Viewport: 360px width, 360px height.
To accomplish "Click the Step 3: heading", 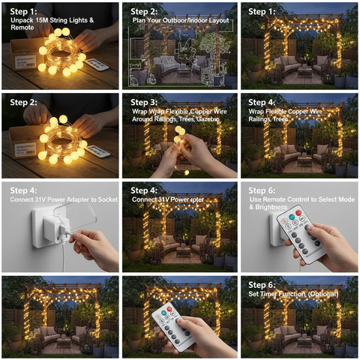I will click(x=144, y=102).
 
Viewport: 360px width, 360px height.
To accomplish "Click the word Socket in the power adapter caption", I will click(x=103, y=200).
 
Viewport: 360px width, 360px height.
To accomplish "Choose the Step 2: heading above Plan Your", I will click(x=144, y=12).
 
